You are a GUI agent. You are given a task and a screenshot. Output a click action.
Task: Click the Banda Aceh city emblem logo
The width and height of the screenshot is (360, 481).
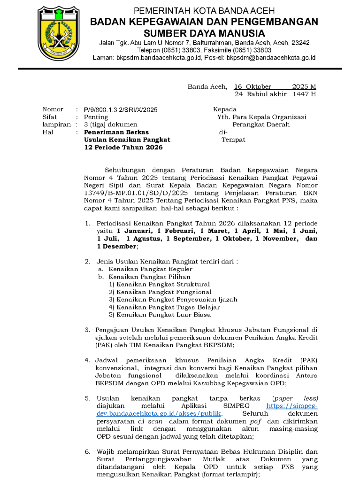[x=59, y=32]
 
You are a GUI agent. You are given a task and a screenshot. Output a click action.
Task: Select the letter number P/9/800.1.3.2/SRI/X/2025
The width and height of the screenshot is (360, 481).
[x=121, y=110]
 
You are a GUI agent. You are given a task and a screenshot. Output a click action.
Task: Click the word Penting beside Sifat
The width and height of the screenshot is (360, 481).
[x=96, y=117]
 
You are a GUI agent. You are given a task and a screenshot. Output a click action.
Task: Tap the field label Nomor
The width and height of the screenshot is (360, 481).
[x=53, y=110]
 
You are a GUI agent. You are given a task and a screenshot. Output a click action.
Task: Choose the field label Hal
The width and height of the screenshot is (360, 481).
[x=47, y=132]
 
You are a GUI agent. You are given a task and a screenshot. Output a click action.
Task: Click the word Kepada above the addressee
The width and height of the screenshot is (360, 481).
[x=225, y=109]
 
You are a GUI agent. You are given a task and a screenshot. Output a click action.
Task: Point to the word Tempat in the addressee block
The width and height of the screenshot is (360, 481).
[x=233, y=140]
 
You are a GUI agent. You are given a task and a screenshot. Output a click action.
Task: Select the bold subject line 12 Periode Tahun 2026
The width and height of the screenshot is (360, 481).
[x=123, y=147]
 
